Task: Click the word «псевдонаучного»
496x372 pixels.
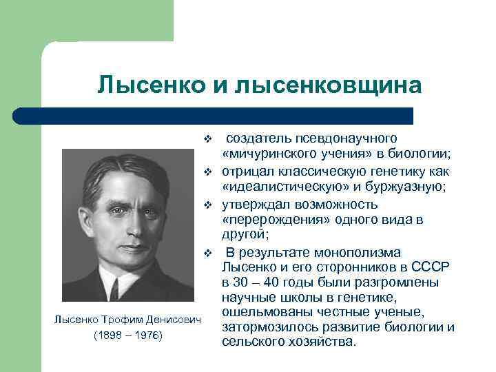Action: click(x=358, y=139)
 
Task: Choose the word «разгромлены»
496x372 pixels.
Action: click(x=382, y=282)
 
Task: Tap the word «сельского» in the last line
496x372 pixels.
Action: click(x=252, y=342)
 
